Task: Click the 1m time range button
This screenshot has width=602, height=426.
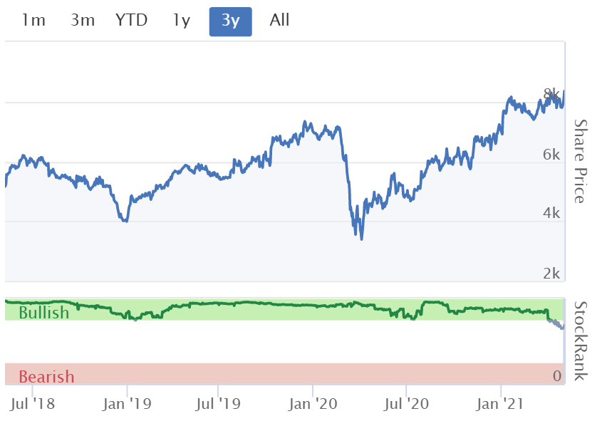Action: tap(33, 21)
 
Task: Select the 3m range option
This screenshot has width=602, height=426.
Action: tap(83, 21)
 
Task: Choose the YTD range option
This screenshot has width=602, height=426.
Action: tap(131, 21)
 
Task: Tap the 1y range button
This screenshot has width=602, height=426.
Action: tap(182, 21)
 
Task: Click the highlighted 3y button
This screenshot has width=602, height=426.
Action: tap(230, 21)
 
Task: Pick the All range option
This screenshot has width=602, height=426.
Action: tap(279, 21)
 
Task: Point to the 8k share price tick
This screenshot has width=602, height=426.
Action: tap(551, 94)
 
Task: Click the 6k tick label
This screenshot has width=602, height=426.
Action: tap(551, 155)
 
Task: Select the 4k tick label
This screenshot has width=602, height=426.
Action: tap(551, 213)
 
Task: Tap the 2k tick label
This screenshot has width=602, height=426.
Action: tap(551, 274)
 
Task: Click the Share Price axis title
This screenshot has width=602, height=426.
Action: tap(580, 161)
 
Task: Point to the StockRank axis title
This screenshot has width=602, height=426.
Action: tap(580, 341)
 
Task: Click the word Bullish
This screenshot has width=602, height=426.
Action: tap(43, 313)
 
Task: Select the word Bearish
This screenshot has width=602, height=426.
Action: tap(46, 377)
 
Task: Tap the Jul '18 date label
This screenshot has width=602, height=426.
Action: tap(33, 404)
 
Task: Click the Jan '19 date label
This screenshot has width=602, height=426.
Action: tap(127, 404)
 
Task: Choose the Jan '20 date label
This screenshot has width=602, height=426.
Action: tap(313, 404)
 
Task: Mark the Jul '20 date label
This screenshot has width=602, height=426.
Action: tap(406, 404)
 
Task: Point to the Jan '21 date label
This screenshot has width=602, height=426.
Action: tap(500, 404)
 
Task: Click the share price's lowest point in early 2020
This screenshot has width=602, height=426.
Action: tap(361, 239)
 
